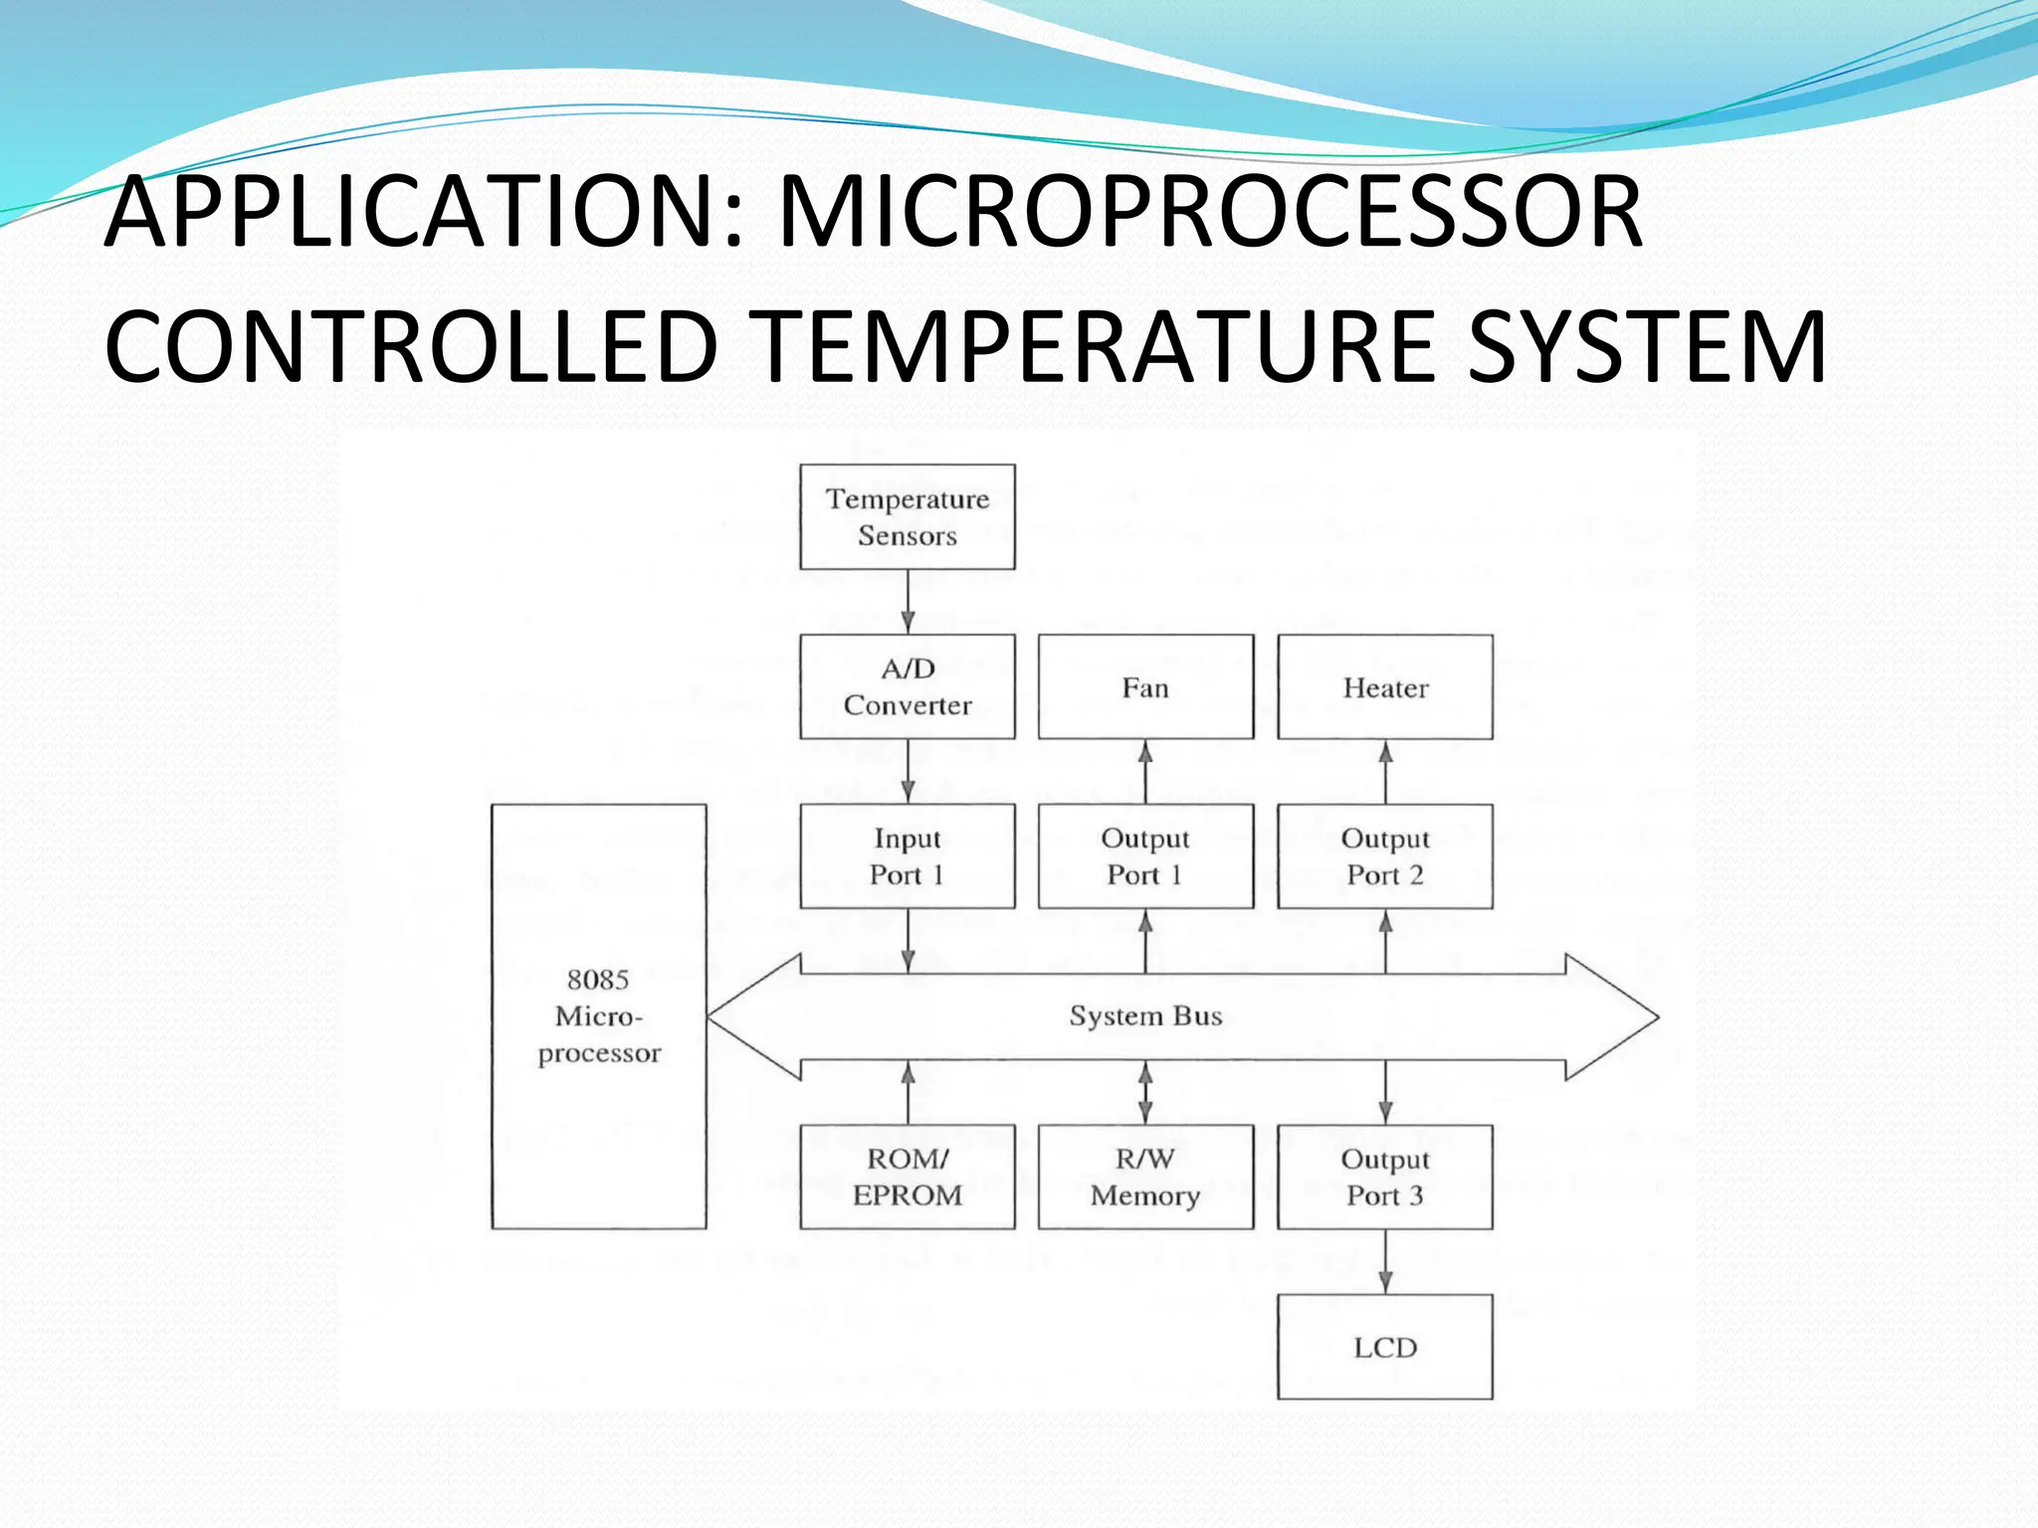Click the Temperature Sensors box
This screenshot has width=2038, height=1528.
tap(907, 517)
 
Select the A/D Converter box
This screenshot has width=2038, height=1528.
tap(907, 686)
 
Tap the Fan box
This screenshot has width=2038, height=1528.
tap(1145, 687)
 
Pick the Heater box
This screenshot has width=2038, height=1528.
tap(1384, 687)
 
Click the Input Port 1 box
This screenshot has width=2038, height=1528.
tap(907, 857)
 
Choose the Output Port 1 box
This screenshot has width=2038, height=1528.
tap(1145, 857)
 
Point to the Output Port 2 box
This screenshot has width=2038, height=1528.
tap(1384, 857)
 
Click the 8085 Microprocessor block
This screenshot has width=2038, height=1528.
tap(599, 1016)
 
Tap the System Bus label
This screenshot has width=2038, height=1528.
tap(1145, 1016)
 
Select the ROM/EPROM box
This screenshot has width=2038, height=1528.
tap(907, 1177)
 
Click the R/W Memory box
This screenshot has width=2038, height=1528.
tap(1145, 1177)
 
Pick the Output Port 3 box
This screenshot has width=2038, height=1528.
tap(1384, 1177)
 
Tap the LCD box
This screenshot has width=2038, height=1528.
tap(1384, 1347)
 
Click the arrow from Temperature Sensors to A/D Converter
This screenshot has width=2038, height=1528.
tap(908, 602)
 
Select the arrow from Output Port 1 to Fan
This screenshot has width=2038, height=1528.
tap(1145, 772)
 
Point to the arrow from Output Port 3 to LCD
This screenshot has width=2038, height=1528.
tap(1385, 1261)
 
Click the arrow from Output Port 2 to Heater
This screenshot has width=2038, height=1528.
tap(1385, 772)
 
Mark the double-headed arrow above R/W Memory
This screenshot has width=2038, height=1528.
tap(1145, 1092)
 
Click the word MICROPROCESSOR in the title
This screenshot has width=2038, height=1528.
tap(1209, 212)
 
